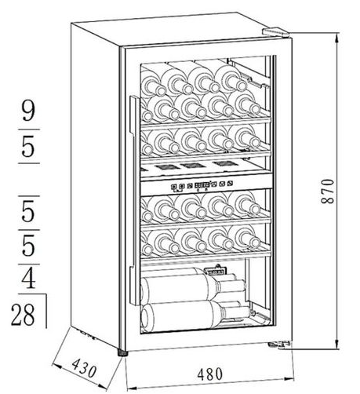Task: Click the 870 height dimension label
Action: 327,191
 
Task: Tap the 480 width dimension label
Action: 210,374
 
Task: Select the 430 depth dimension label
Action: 84,368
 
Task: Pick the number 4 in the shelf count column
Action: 28,279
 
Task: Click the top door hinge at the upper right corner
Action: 275,31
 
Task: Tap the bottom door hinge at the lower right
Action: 279,345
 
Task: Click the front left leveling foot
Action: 122,353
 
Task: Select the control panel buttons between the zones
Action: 202,185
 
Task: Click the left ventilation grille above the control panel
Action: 162,166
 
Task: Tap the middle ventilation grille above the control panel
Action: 191,165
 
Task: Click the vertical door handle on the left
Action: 134,200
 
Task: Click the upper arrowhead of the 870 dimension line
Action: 337,38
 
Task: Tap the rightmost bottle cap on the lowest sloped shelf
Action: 253,243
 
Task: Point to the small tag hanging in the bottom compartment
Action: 216,271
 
